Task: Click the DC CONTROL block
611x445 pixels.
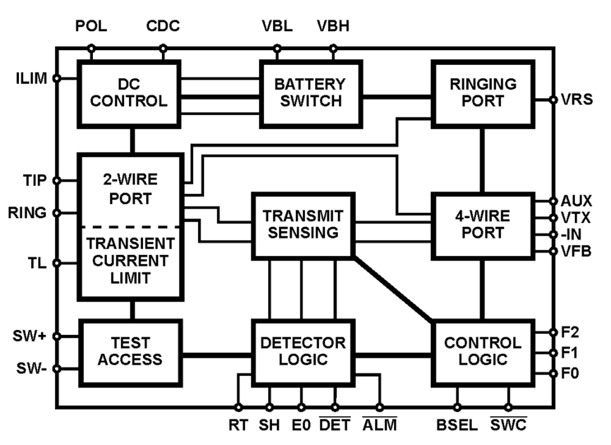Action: (129, 93)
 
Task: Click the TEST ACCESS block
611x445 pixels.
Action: (130, 352)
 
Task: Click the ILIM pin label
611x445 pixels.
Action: (30, 78)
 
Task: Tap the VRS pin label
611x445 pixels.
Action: (576, 99)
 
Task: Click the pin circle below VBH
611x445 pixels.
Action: (333, 48)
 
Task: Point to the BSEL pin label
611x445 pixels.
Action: (456, 425)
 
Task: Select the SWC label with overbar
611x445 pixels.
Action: (508, 425)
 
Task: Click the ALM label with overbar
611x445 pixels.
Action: (379, 425)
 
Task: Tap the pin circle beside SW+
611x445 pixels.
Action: (57, 336)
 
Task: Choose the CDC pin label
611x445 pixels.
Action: (163, 27)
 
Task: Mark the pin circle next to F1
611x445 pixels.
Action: (553, 352)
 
